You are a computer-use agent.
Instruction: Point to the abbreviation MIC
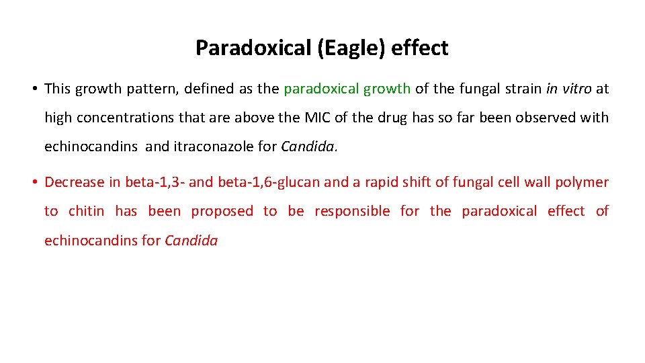click(318, 118)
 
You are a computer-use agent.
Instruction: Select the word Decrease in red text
click(74, 182)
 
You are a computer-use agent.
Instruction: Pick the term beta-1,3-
click(155, 182)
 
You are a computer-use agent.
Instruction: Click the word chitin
click(87, 211)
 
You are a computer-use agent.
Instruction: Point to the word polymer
click(582, 182)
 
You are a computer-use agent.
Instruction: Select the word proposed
click(222, 211)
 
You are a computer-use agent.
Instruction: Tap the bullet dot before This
click(33, 89)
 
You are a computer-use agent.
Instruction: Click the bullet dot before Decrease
click(33, 182)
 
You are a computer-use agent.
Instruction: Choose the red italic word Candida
click(191, 240)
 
